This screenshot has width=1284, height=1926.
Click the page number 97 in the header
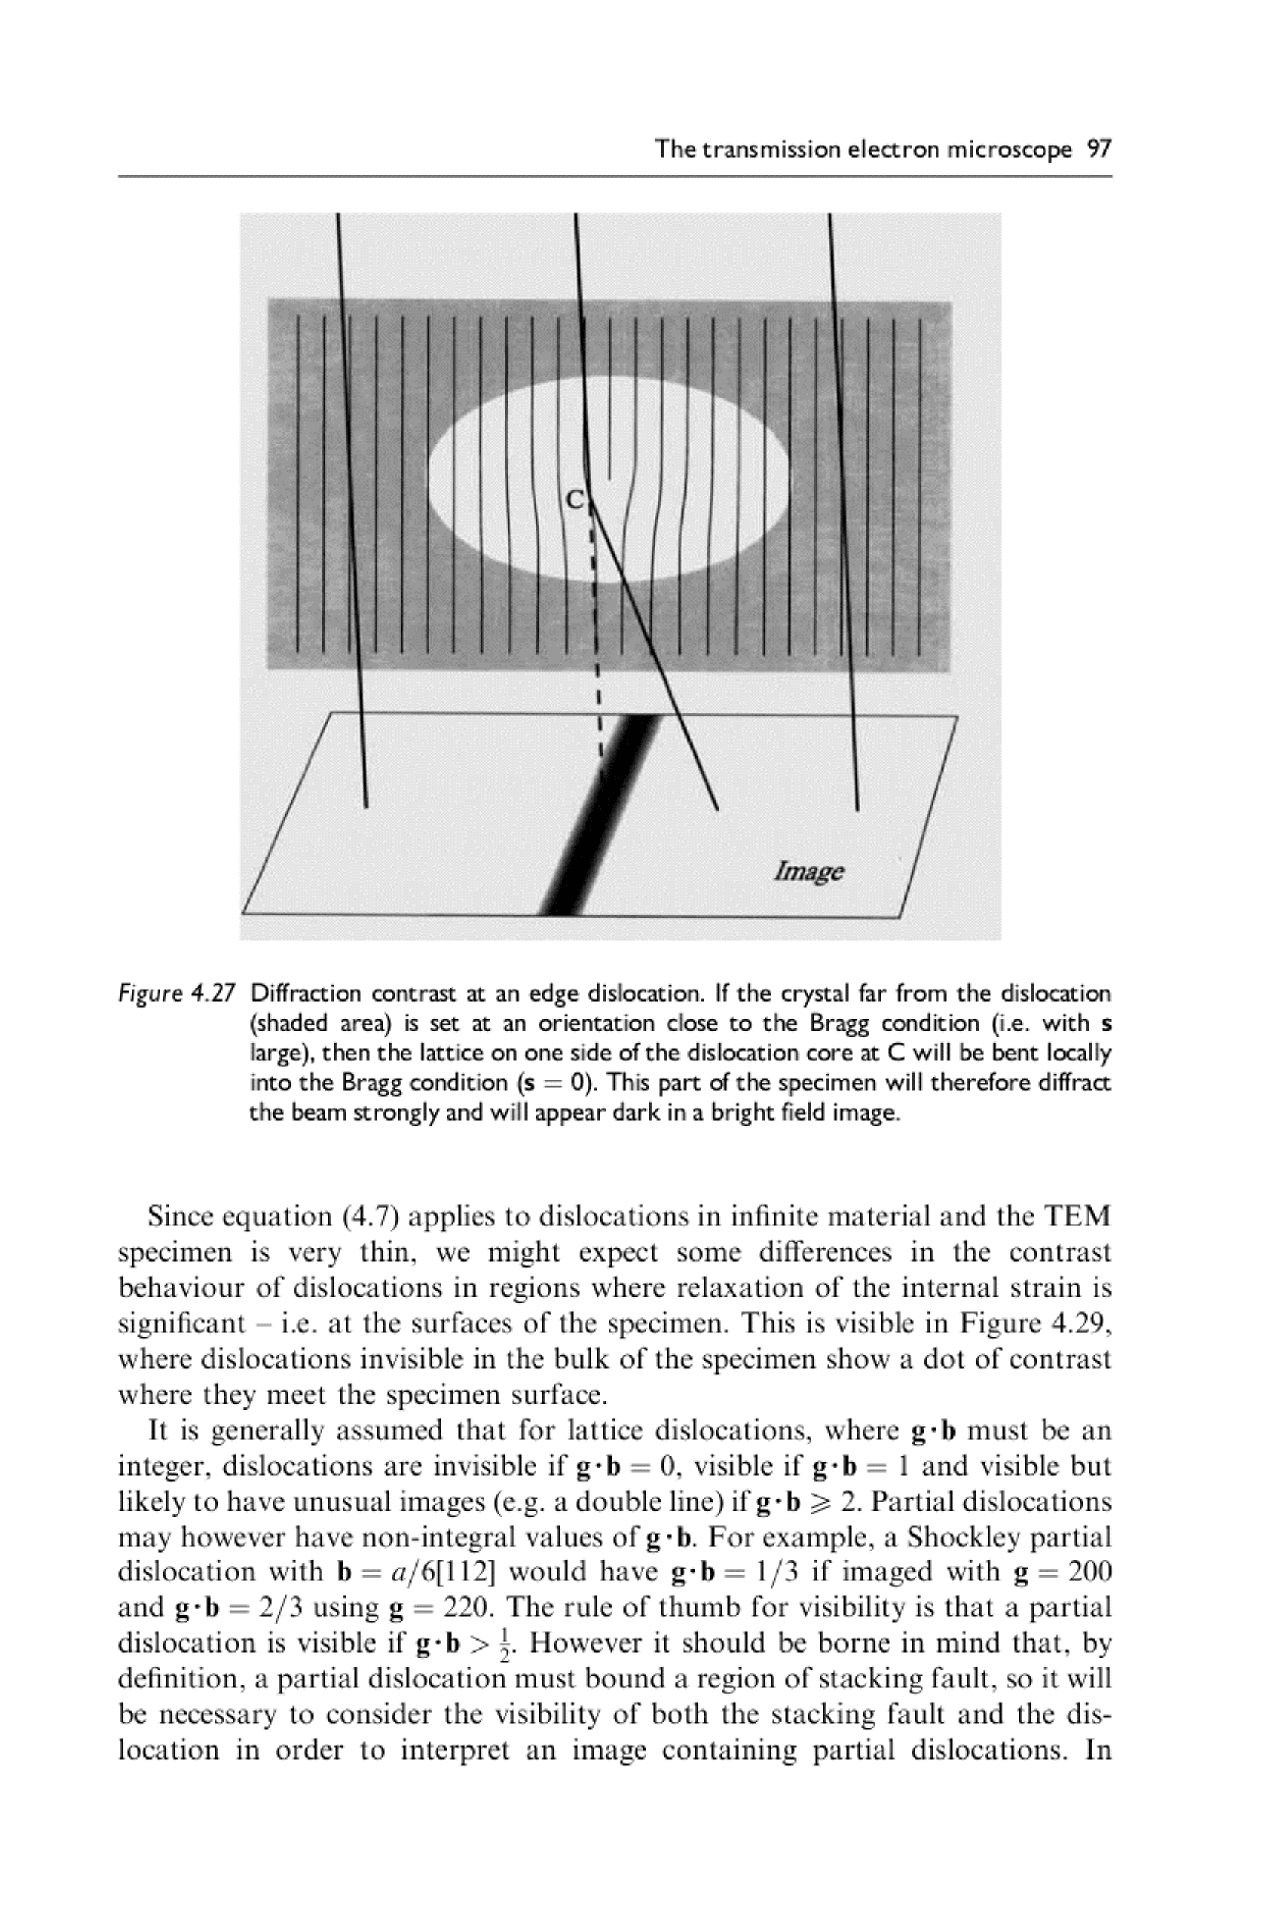[x=1098, y=149]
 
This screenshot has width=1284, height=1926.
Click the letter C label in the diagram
[x=576, y=499]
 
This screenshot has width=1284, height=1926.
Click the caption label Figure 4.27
[x=177, y=994]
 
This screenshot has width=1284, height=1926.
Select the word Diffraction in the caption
[x=305, y=994]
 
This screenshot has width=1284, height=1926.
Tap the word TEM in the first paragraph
[x=1076, y=1216]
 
